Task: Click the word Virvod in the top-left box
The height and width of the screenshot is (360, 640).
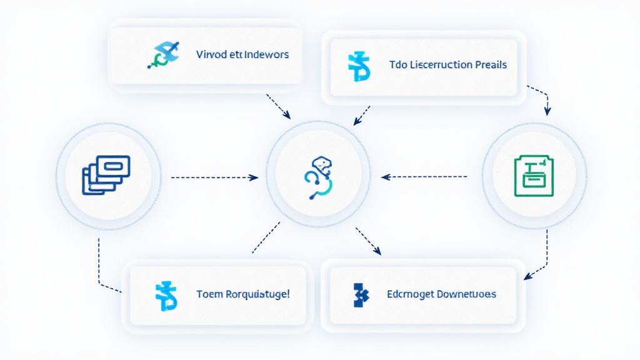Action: [x=211, y=54]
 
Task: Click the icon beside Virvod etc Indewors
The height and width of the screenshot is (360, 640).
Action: [x=163, y=55]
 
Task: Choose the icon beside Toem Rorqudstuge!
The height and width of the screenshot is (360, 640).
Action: [x=166, y=296]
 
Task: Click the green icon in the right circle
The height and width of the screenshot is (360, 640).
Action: [x=534, y=176]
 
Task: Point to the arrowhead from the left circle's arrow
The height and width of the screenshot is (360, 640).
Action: [x=254, y=177]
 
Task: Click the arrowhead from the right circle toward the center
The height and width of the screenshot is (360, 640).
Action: [x=385, y=177]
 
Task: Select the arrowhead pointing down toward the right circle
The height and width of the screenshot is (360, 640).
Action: [x=547, y=111]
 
